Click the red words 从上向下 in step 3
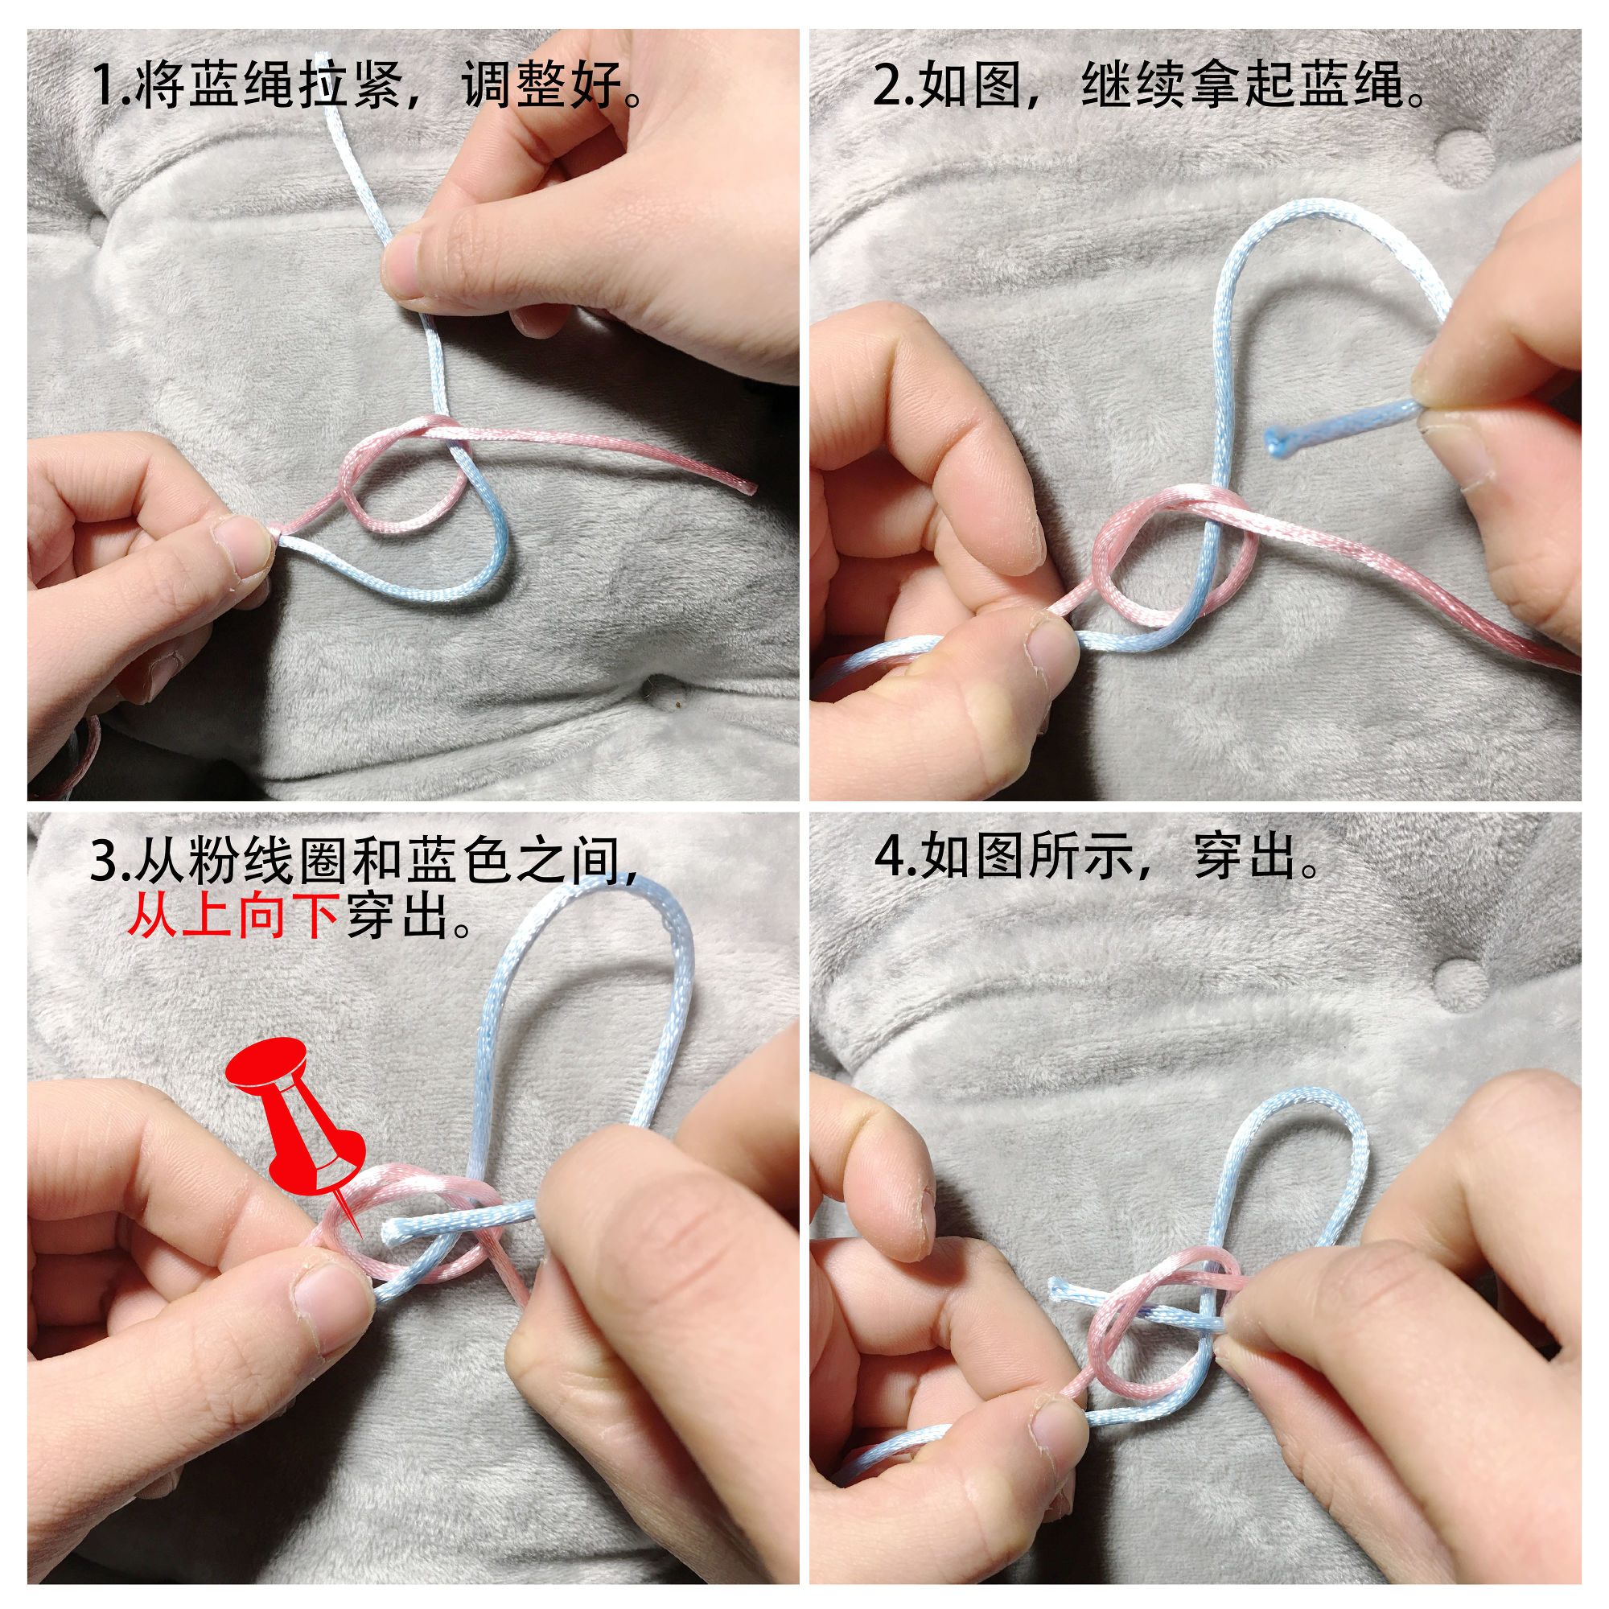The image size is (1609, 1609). (233, 916)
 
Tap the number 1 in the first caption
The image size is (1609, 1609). (105, 85)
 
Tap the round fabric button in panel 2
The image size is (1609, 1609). (1465, 158)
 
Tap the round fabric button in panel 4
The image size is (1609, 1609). (1463, 986)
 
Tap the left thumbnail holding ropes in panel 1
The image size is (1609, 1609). (242, 545)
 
